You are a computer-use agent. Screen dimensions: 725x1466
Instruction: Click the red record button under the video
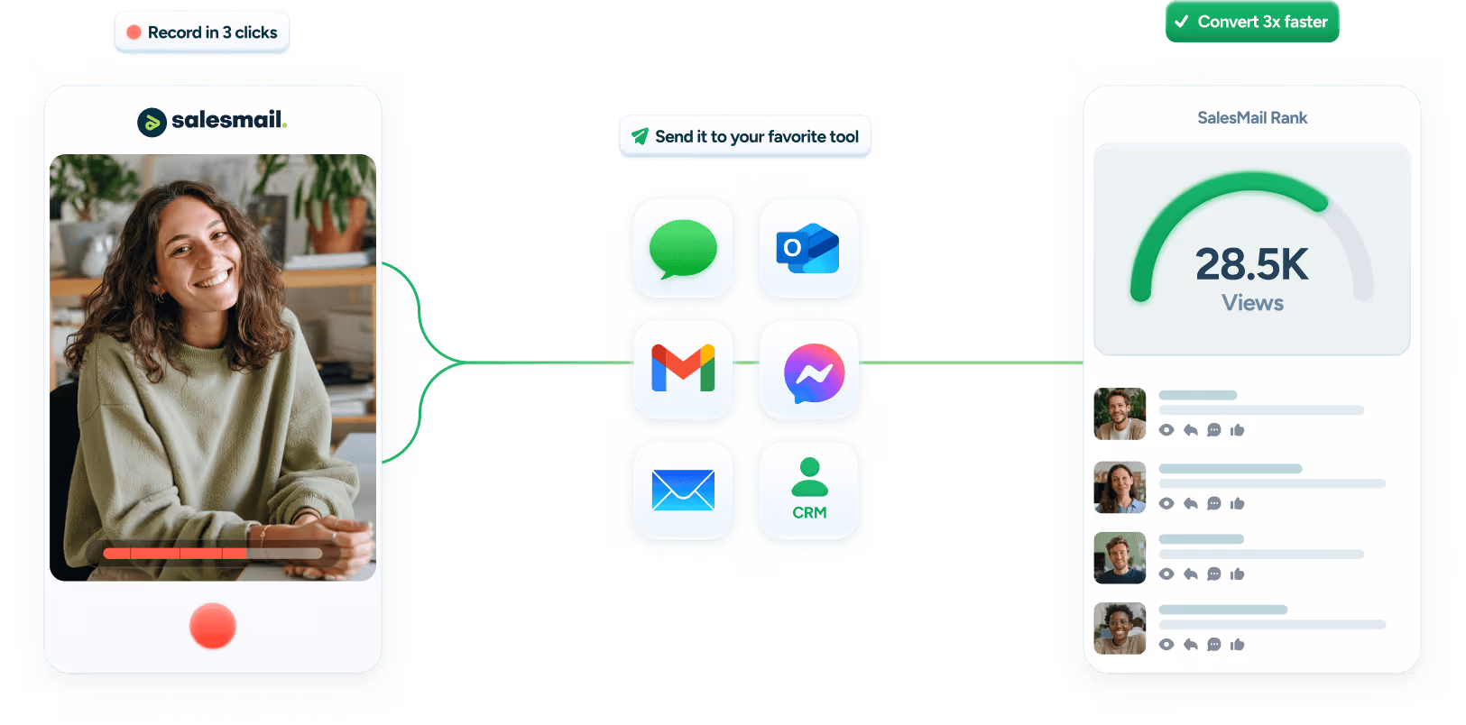213,626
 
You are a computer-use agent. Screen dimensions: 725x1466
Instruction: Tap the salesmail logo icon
152,122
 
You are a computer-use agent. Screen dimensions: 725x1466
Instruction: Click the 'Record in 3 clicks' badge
202,32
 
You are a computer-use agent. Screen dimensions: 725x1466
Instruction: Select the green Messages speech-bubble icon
683,249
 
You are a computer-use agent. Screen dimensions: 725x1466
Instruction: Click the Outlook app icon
808,249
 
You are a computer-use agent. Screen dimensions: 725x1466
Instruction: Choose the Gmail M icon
683,369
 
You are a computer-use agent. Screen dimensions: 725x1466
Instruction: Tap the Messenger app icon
814,373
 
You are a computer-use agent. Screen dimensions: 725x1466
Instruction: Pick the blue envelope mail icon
683,490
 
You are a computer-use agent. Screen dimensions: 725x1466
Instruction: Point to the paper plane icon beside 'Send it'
640,136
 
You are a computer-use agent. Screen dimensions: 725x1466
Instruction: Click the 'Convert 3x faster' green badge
1252,22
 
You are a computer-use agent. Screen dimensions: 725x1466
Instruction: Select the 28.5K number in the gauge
1251,264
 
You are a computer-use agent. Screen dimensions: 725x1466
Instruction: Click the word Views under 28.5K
1252,303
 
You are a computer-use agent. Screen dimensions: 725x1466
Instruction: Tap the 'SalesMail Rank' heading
1251,118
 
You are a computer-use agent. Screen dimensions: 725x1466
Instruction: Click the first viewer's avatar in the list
1120,414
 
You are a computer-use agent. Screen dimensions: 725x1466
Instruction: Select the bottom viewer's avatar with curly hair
1120,628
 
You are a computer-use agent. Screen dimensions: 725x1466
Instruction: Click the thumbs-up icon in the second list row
1237,503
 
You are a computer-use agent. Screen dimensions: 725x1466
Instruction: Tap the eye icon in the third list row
1166,574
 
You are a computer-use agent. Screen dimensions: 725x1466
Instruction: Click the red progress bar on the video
176,553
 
